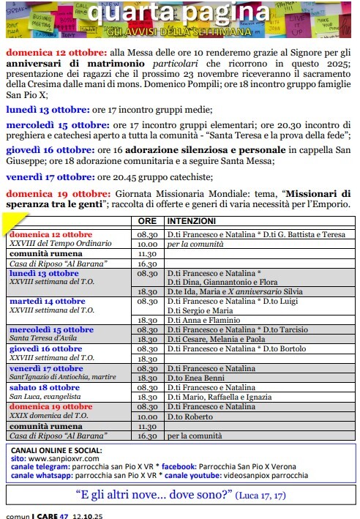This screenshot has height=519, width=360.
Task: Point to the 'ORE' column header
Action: point(146,220)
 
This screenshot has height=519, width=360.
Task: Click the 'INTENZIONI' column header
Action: point(191,220)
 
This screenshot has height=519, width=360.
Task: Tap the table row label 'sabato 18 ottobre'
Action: point(45,387)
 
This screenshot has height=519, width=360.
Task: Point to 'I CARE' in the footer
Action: point(42,515)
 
